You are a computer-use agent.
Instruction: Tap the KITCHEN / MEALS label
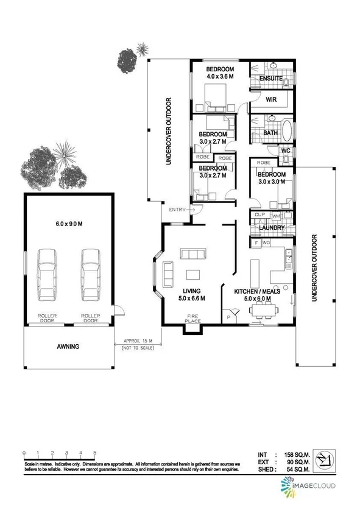(x=258, y=291)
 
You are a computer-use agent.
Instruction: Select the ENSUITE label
(x=270, y=79)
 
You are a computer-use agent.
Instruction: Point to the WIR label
(x=272, y=99)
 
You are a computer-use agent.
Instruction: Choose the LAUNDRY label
(x=271, y=228)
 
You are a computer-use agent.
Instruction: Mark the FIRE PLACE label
(x=192, y=319)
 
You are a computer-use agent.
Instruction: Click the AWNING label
(x=68, y=347)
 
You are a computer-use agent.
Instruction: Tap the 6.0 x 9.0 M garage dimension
(x=67, y=224)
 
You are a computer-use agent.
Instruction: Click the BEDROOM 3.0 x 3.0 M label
(x=272, y=177)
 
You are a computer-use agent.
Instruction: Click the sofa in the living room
(x=194, y=255)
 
